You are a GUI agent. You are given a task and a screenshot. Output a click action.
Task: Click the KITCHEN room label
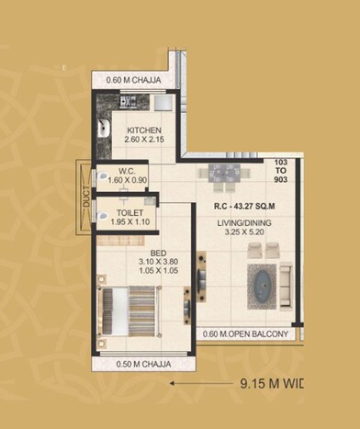click(x=145, y=130)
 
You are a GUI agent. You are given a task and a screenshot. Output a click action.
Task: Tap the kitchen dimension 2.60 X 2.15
click(x=145, y=141)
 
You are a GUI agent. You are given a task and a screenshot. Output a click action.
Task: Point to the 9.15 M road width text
click(x=271, y=382)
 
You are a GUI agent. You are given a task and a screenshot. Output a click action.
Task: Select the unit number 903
click(x=281, y=183)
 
